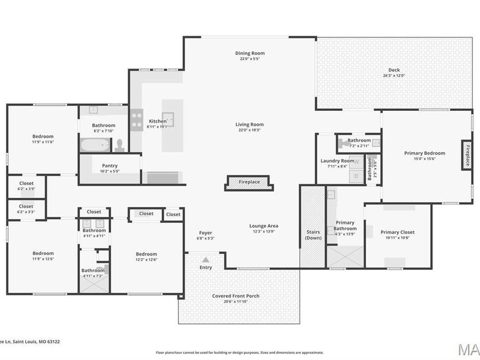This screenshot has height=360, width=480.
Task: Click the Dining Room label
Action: [250, 53]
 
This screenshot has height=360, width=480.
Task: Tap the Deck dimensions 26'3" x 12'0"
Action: [394, 76]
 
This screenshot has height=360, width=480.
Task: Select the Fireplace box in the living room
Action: [249, 182]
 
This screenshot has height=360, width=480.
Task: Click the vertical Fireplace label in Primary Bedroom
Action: [467, 155]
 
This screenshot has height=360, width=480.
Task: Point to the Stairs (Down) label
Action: [313, 235]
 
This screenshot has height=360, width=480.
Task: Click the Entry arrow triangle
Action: [205, 260]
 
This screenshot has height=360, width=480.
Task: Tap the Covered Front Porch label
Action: [236, 296]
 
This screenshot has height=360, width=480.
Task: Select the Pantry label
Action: [110, 166]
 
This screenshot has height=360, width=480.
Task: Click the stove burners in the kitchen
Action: [137, 117]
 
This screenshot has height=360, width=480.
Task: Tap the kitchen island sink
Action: [168, 119]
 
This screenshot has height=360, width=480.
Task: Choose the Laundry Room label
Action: [337, 161]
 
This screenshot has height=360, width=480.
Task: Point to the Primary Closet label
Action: [397, 233]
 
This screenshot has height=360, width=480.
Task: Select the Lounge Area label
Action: [263, 226]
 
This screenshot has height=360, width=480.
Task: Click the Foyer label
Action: [205, 233]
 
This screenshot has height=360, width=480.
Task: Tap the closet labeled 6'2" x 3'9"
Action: [26, 186]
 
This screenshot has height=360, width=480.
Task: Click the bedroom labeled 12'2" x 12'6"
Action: [146, 257]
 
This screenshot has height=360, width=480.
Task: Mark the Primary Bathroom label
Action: [345, 226]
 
